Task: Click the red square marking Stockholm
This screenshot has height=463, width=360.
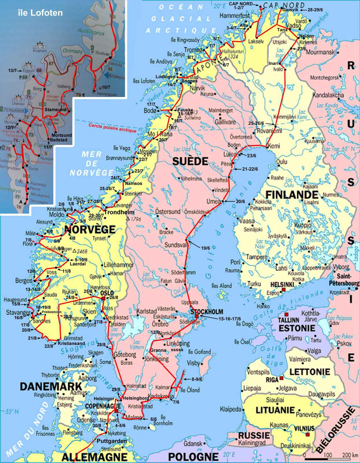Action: coord(197,316)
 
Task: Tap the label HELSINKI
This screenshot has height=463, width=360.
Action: coord(283,285)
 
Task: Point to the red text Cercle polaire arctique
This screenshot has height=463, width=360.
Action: coord(112,128)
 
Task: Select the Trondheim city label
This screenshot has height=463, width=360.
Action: coord(119,212)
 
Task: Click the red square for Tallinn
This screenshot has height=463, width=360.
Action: coord(286,315)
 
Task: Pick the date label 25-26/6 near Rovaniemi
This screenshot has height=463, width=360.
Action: coord(256,123)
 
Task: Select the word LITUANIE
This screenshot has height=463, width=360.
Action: coord(275,410)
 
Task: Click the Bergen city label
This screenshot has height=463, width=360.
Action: coord(24,280)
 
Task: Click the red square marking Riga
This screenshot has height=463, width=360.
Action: coord(282,378)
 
